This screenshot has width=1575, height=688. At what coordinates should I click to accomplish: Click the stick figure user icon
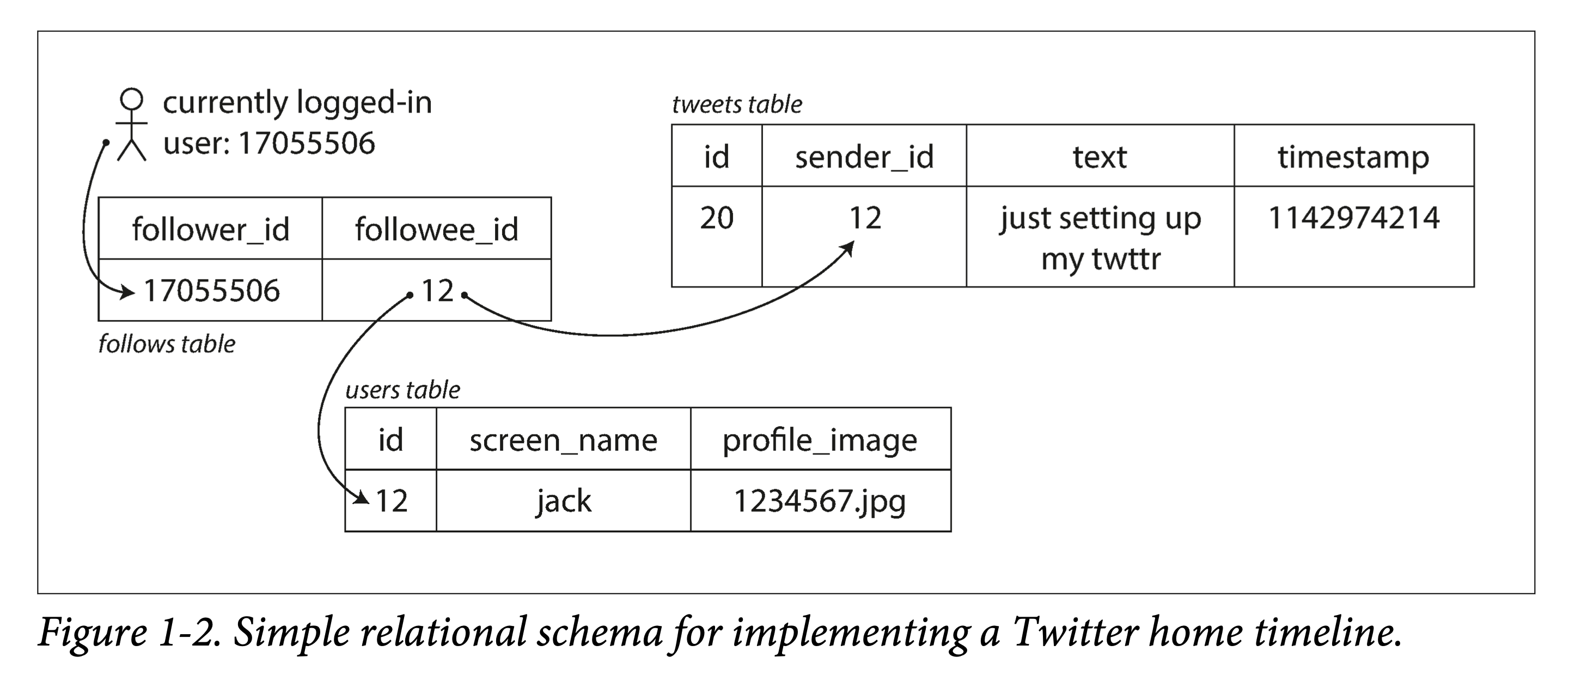[131, 125]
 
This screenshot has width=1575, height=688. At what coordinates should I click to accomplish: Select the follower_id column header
[210, 229]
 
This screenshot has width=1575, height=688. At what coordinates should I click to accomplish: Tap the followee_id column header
[437, 229]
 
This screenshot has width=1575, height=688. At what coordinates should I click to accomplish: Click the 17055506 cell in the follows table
[210, 290]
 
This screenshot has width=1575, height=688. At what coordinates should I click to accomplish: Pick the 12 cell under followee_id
[437, 290]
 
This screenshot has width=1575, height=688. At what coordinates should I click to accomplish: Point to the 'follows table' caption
[167, 344]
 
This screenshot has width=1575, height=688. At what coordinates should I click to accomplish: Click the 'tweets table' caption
[737, 105]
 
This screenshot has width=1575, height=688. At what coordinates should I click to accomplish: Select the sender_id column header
[864, 156]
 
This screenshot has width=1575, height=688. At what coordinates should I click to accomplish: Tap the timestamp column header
[1354, 156]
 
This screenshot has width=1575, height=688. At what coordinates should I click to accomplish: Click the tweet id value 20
[717, 218]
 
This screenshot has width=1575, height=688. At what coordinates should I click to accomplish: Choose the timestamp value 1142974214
[1354, 218]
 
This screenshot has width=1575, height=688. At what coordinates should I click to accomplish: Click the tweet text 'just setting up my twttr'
[1101, 238]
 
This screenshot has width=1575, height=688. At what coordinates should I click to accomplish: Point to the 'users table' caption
[403, 390]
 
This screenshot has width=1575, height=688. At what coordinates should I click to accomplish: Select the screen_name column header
[563, 439]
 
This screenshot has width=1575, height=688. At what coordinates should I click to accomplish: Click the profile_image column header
[821, 439]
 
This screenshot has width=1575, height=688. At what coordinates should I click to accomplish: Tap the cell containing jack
[563, 501]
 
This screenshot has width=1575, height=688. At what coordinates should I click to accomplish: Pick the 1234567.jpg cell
[821, 501]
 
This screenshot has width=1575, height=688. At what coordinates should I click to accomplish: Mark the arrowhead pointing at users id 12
[363, 498]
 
